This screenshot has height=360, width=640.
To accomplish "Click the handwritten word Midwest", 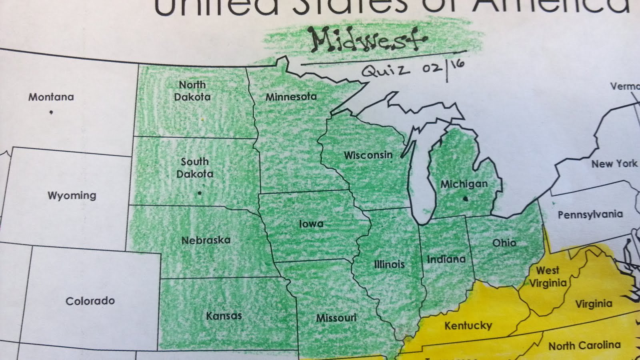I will click(368, 40).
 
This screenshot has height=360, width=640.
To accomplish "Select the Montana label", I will click(51, 97).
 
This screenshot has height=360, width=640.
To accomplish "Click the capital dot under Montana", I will click(51, 112).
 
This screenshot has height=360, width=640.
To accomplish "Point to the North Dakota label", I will click(192, 91).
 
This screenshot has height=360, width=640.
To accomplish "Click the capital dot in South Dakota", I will click(200, 193).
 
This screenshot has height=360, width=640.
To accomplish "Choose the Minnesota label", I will click(291, 97).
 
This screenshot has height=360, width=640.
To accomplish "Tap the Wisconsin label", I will click(368, 155).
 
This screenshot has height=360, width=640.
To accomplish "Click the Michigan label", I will click(464, 184).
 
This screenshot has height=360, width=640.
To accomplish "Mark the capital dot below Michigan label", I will click(465, 198).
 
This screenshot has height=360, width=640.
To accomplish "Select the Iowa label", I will click(311, 224).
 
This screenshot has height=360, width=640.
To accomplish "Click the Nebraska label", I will click(206, 240).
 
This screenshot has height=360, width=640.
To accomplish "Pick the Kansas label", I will click(224, 316).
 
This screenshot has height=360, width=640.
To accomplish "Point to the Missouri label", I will click(336, 318).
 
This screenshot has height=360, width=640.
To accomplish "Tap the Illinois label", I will click(389, 264).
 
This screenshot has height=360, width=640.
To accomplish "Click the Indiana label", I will click(446, 259).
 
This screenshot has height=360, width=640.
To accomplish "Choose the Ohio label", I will click(504, 242).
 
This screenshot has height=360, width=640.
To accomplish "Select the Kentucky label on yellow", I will click(468, 325).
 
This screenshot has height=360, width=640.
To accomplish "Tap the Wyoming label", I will click(72, 195).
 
